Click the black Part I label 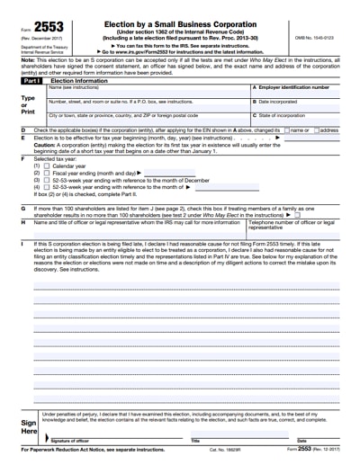click(31, 80)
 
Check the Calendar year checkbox click(48, 166)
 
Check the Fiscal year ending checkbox click(48, 173)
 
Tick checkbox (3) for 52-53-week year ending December click(48, 180)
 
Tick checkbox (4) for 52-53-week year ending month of click(48, 186)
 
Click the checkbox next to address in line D click(315, 130)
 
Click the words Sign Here click(28, 425)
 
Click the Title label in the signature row click(194, 441)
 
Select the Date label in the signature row click(301, 441)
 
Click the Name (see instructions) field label click(73, 87)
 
